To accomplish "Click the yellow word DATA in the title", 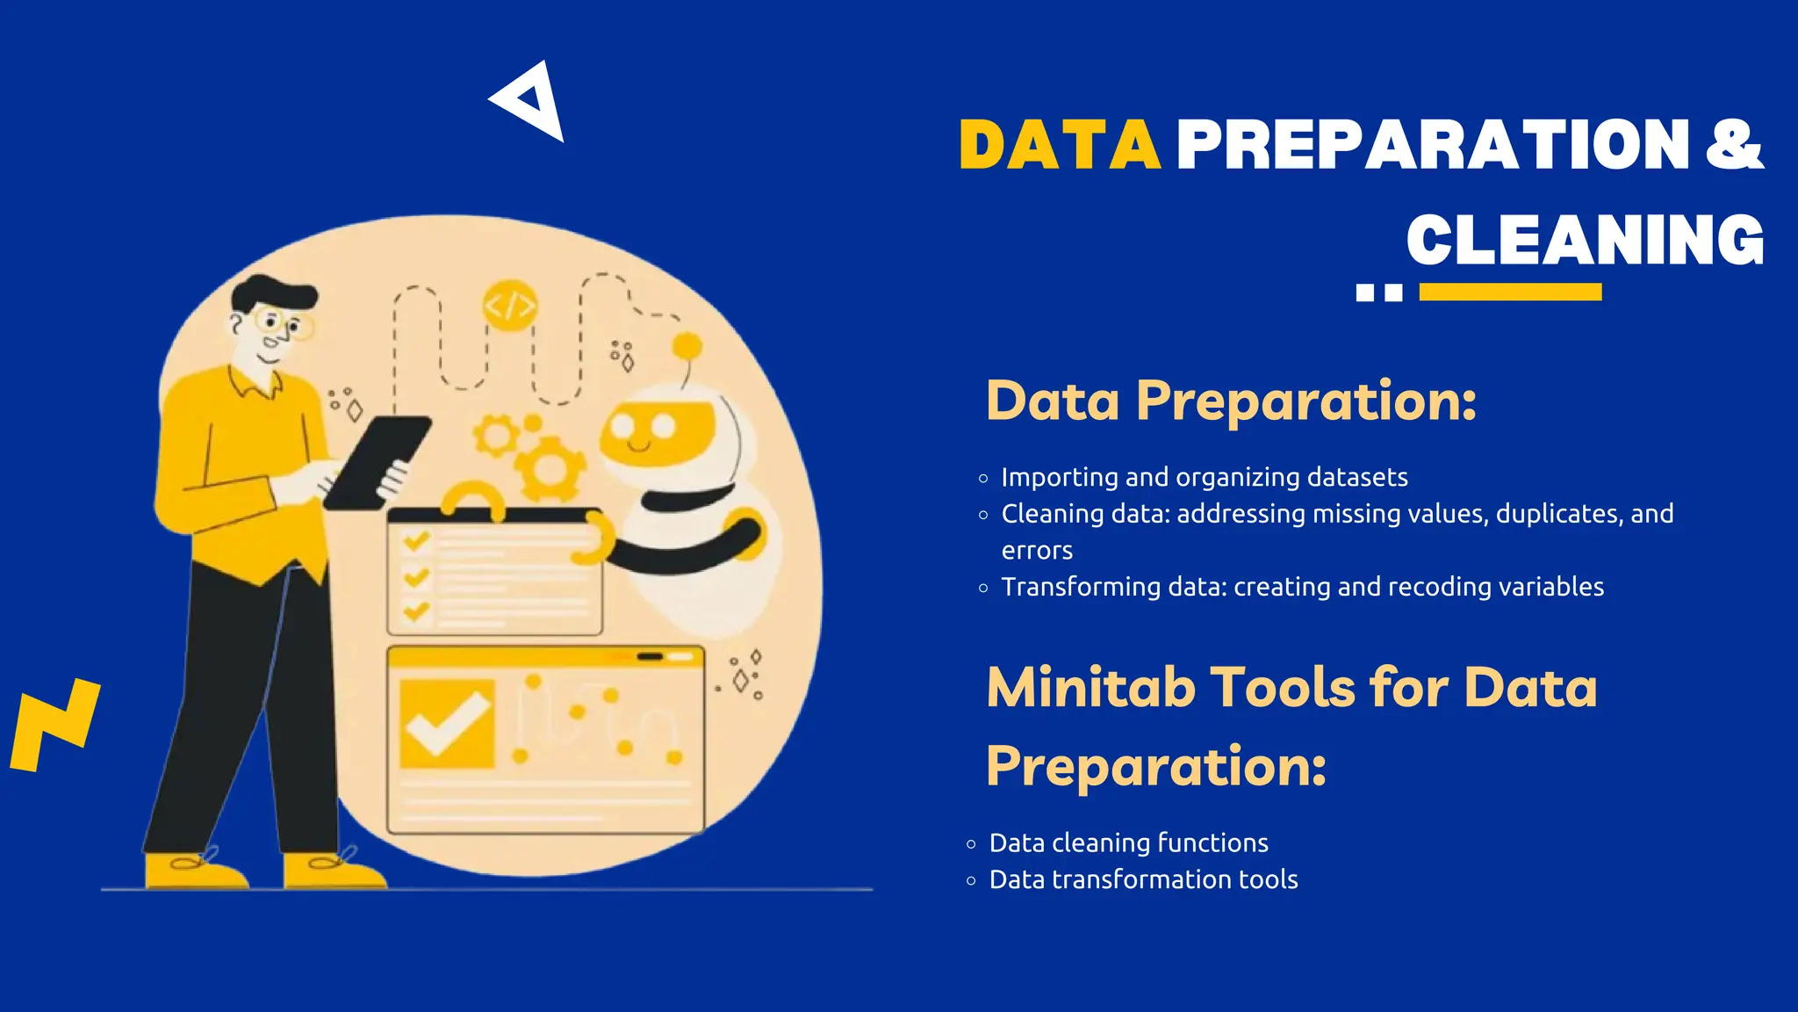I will (x=1060, y=145).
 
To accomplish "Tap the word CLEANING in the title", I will (x=1585, y=240).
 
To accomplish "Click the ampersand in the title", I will (x=1734, y=145).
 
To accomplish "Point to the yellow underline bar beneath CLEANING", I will (x=1510, y=293).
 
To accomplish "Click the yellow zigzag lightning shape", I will (x=54, y=724).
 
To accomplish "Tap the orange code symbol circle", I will (x=509, y=306).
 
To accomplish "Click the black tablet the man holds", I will (x=378, y=461).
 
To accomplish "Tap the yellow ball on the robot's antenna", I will (x=687, y=346).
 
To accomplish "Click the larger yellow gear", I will (x=550, y=467).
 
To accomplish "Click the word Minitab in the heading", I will (x=1090, y=687).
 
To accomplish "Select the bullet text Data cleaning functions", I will (x=1128, y=843).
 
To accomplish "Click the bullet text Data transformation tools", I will (x=1143, y=879).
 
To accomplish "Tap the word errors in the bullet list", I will (x=1037, y=551).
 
